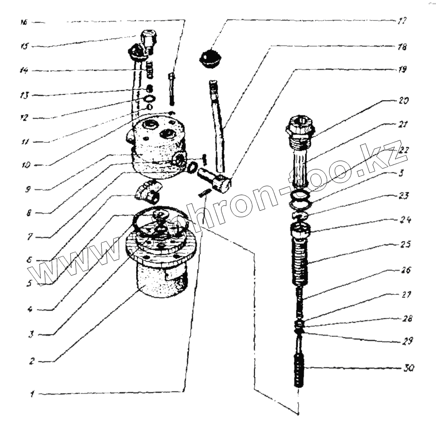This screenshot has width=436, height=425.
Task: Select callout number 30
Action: tap(409, 368)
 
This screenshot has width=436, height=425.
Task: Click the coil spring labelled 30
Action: tap(298, 370)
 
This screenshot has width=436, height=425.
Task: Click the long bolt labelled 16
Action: tap(171, 89)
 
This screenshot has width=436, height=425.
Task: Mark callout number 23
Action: tap(404, 196)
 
